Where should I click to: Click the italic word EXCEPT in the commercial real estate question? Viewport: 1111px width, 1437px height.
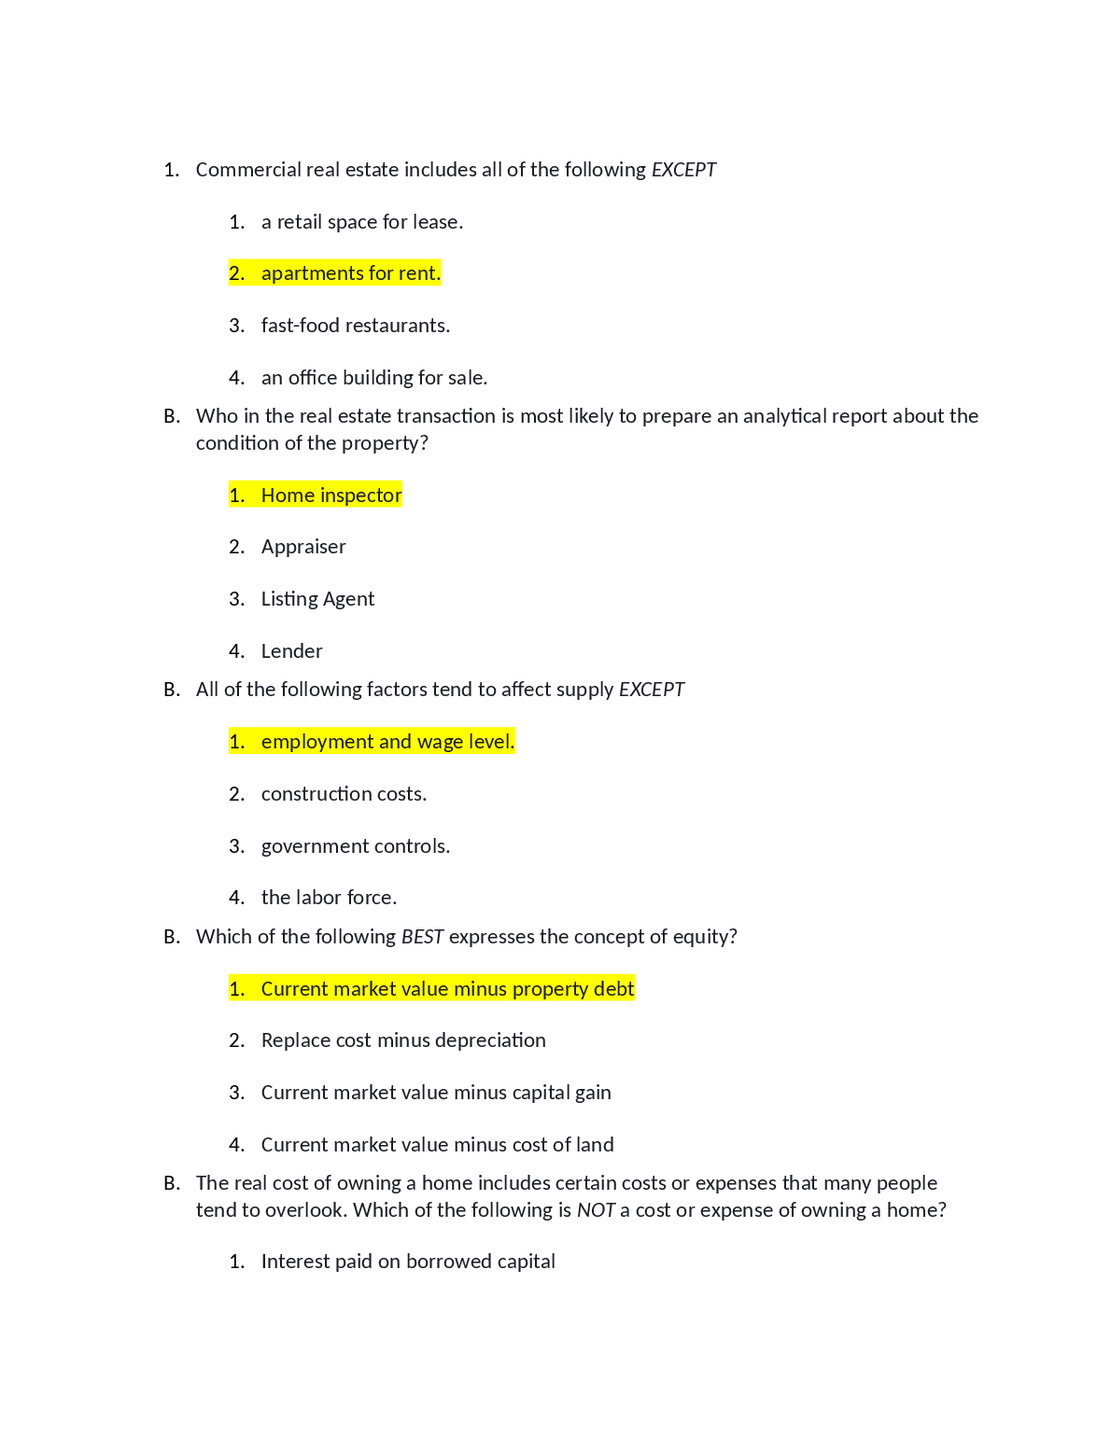click(683, 170)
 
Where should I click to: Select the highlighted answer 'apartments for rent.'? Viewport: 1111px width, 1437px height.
click(350, 273)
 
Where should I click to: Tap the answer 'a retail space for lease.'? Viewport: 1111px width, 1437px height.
click(361, 222)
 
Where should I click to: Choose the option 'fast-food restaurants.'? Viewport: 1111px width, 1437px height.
click(355, 326)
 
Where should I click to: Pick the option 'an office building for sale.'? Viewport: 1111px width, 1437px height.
click(373, 378)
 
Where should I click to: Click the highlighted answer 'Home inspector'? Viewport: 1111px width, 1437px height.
click(331, 495)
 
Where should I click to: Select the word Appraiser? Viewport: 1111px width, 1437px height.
click(303, 547)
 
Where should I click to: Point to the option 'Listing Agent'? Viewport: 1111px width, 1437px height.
click(317, 599)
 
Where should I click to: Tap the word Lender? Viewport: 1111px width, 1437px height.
click(291, 651)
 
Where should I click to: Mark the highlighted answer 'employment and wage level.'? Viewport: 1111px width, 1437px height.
click(387, 742)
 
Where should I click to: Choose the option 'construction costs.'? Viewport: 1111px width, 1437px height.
click(344, 794)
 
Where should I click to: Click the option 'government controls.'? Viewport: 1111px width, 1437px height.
click(355, 846)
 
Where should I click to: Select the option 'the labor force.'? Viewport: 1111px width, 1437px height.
click(329, 898)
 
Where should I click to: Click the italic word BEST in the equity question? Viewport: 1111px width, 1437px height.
click(422, 937)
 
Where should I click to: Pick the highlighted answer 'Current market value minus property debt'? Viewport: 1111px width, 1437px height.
click(447, 989)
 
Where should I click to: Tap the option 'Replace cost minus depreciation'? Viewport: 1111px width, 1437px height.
click(403, 1040)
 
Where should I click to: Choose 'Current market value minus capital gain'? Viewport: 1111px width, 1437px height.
click(436, 1093)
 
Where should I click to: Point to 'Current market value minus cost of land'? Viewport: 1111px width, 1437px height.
click(437, 1145)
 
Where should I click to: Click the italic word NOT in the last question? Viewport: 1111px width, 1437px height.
click(596, 1210)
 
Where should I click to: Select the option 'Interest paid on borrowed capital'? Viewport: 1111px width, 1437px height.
click(408, 1262)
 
